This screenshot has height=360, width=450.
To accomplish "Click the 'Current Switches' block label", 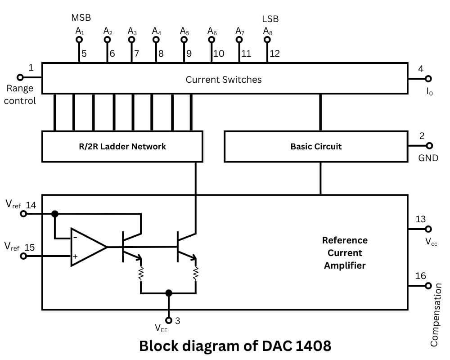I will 224,80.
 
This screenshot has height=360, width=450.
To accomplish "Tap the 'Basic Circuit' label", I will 316,146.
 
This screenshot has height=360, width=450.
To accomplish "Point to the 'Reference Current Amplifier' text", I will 345,252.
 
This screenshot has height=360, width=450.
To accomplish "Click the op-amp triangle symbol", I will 86,247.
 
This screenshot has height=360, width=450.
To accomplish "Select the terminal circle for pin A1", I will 79,40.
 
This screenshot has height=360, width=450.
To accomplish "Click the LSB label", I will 270,19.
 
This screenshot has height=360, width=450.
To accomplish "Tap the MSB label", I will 81,18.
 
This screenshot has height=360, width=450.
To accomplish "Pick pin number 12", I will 274,54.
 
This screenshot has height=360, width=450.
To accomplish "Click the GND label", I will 428,158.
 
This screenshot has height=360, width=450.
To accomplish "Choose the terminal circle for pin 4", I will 428,79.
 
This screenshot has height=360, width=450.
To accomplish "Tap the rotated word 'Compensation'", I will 434,315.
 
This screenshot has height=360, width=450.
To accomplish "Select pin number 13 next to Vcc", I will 420,219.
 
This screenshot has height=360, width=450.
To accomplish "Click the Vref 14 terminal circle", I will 24,214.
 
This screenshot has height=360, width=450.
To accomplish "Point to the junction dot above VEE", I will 168,293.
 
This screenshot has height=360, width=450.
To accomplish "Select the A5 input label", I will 184,31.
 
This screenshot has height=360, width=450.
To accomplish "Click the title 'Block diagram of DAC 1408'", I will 235,346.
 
